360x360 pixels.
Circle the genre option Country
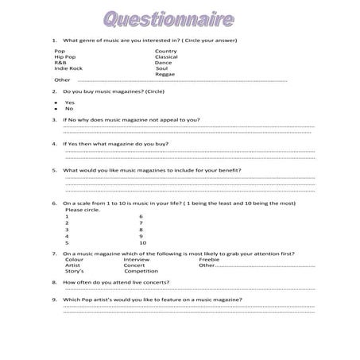(x=166, y=50)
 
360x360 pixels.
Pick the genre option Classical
(x=167, y=56)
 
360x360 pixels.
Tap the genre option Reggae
(x=166, y=74)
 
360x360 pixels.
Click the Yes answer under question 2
(x=70, y=102)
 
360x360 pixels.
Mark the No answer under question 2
(x=69, y=108)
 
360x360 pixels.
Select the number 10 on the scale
(x=142, y=242)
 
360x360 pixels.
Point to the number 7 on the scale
(x=141, y=223)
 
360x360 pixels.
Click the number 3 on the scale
(x=67, y=229)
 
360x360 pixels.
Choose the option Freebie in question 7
(x=209, y=259)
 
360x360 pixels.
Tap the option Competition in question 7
(x=141, y=271)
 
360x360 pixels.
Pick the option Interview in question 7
(x=137, y=259)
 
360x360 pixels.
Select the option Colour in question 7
(x=75, y=259)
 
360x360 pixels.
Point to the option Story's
(x=75, y=271)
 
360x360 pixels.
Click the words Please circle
(x=80, y=210)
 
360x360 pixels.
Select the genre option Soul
(x=162, y=68)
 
